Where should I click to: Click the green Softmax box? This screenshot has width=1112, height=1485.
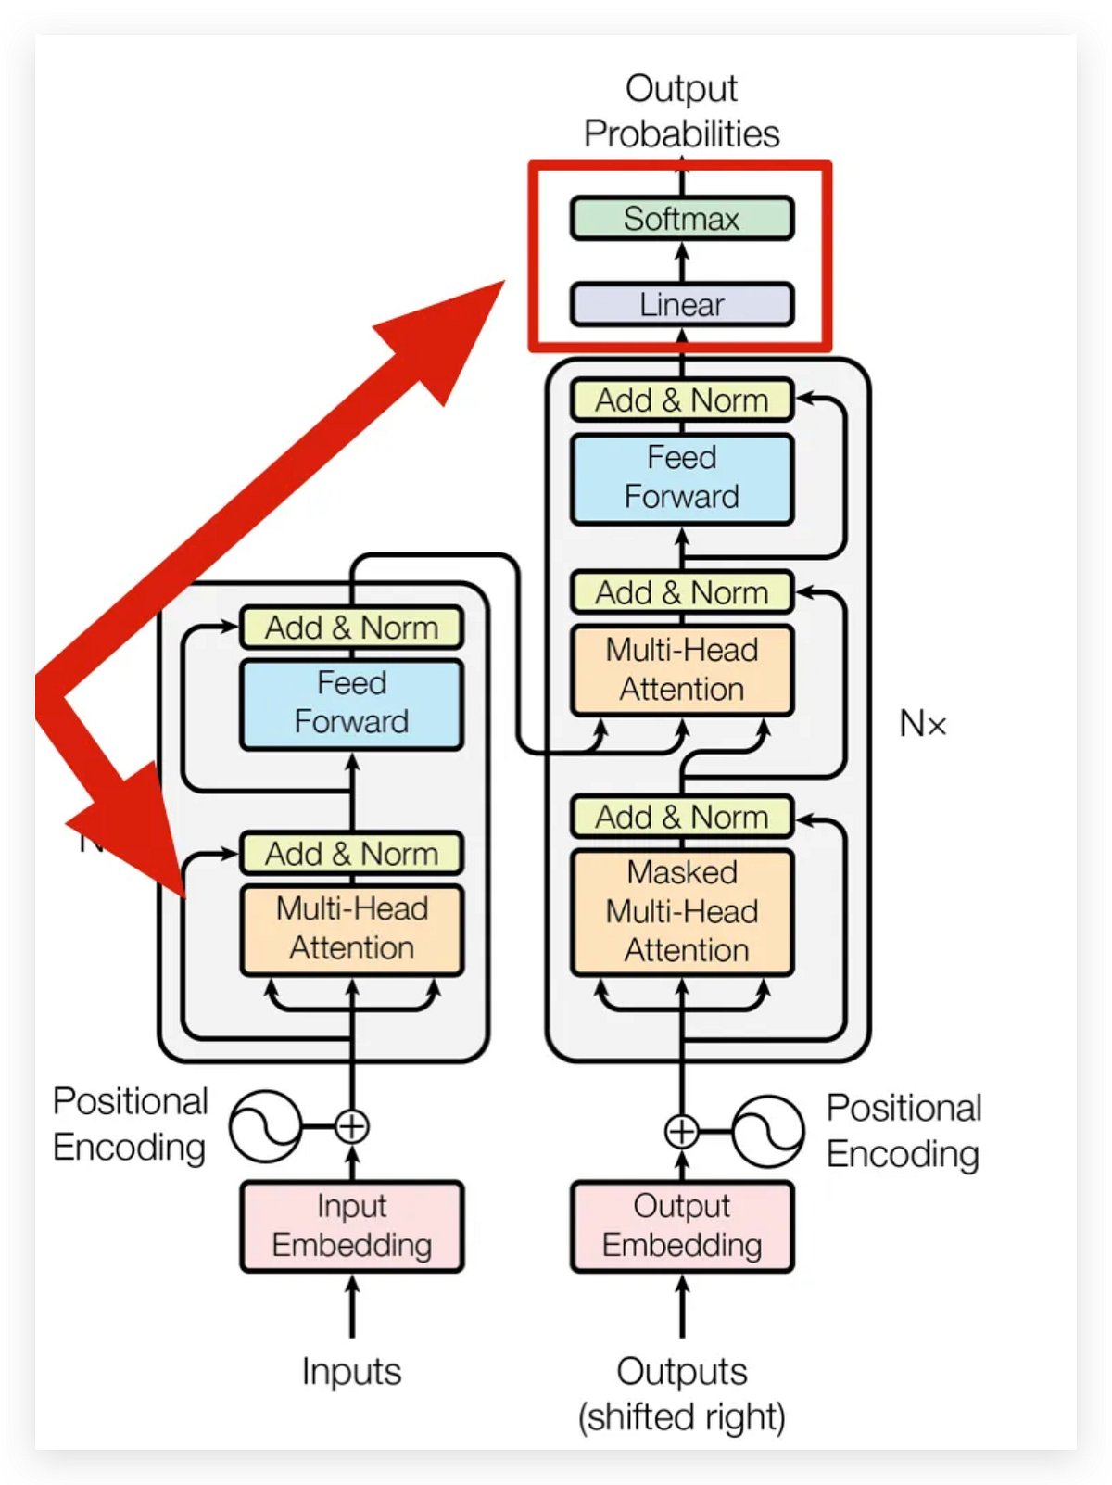pyautogui.click(x=681, y=219)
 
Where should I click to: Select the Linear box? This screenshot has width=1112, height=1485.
pyautogui.click(x=681, y=304)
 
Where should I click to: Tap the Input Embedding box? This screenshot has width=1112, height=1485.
pyautogui.click(x=351, y=1225)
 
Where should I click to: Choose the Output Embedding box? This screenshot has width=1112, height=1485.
pyautogui.click(x=682, y=1225)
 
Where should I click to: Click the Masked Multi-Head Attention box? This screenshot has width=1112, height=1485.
pyautogui.click(x=682, y=912)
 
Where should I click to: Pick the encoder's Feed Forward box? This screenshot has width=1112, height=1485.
pyautogui.click(x=351, y=704)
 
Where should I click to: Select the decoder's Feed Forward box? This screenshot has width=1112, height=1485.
pyautogui.click(x=682, y=478)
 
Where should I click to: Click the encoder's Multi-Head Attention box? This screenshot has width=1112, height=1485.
pyautogui.click(x=351, y=930)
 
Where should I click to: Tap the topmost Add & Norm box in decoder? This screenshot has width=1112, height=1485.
pyautogui.click(x=682, y=400)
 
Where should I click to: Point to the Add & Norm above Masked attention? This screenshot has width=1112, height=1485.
pyautogui.click(x=682, y=817)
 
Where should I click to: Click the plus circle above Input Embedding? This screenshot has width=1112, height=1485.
pyautogui.click(x=352, y=1127)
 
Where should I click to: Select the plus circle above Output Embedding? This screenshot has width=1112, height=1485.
pyautogui.click(x=682, y=1132)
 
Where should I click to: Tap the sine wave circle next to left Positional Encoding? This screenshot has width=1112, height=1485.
pyautogui.click(x=265, y=1127)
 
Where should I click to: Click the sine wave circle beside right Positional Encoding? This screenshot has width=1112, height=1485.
pyautogui.click(x=768, y=1132)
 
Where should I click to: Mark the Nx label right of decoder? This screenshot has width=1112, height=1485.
pyautogui.click(x=923, y=724)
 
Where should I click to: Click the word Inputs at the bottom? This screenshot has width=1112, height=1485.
pyautogui.click(x=351, y=1371)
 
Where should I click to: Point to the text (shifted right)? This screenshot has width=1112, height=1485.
pyautogui.click(x=682, y=1417)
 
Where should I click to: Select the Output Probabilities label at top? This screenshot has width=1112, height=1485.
pyautogui.click(x=682, y=111)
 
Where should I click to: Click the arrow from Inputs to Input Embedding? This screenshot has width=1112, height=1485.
pyautogui.click(x=352, y=1307)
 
